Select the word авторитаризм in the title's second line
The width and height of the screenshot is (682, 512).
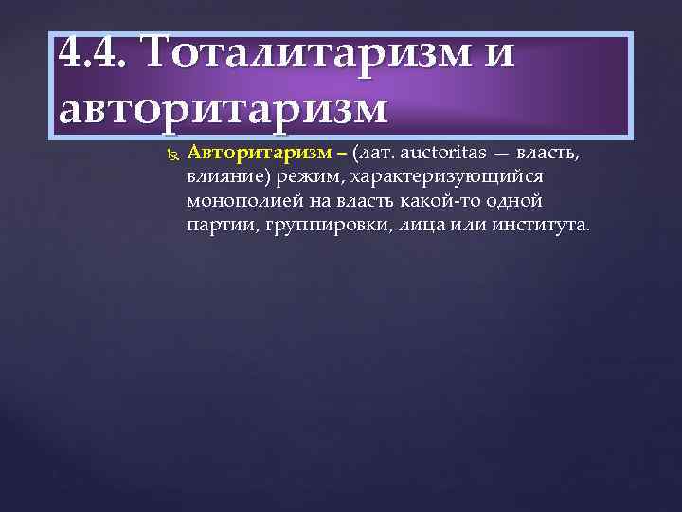(223, 109)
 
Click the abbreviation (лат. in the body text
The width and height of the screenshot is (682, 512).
(372, 153)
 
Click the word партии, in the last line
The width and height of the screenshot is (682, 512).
(219, 226)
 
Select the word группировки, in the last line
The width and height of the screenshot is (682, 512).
(319, 226)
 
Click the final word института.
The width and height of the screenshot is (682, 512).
(536, 226)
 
